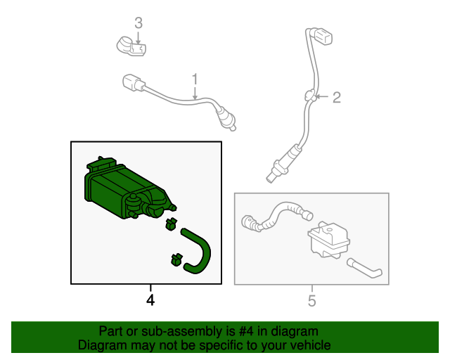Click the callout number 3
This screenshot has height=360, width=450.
[x=139, y=23]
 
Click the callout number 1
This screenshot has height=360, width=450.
[x=195, y=79]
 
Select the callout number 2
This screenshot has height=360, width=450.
[x=337, y=98]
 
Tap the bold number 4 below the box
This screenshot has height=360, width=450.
[x=150, y=300]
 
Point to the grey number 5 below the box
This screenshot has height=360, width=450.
[x=312, y=301]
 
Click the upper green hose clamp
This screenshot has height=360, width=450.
[x=171, y=224]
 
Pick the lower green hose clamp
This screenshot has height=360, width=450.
[x=176, y=259]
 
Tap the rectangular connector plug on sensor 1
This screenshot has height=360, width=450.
[x=133, y=83]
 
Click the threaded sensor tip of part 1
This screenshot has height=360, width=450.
[x=228, y=120]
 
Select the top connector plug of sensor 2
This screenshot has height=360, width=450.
[x=323, y=36]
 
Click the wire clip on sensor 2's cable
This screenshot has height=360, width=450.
[x=310, y=96]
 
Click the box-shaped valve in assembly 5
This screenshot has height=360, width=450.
[x=328, y=240]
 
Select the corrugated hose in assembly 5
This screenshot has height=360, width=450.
[x=276, y=217]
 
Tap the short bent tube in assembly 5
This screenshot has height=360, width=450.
[x=364, y=268]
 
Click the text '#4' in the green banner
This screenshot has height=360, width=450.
[x=247, y=331]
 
